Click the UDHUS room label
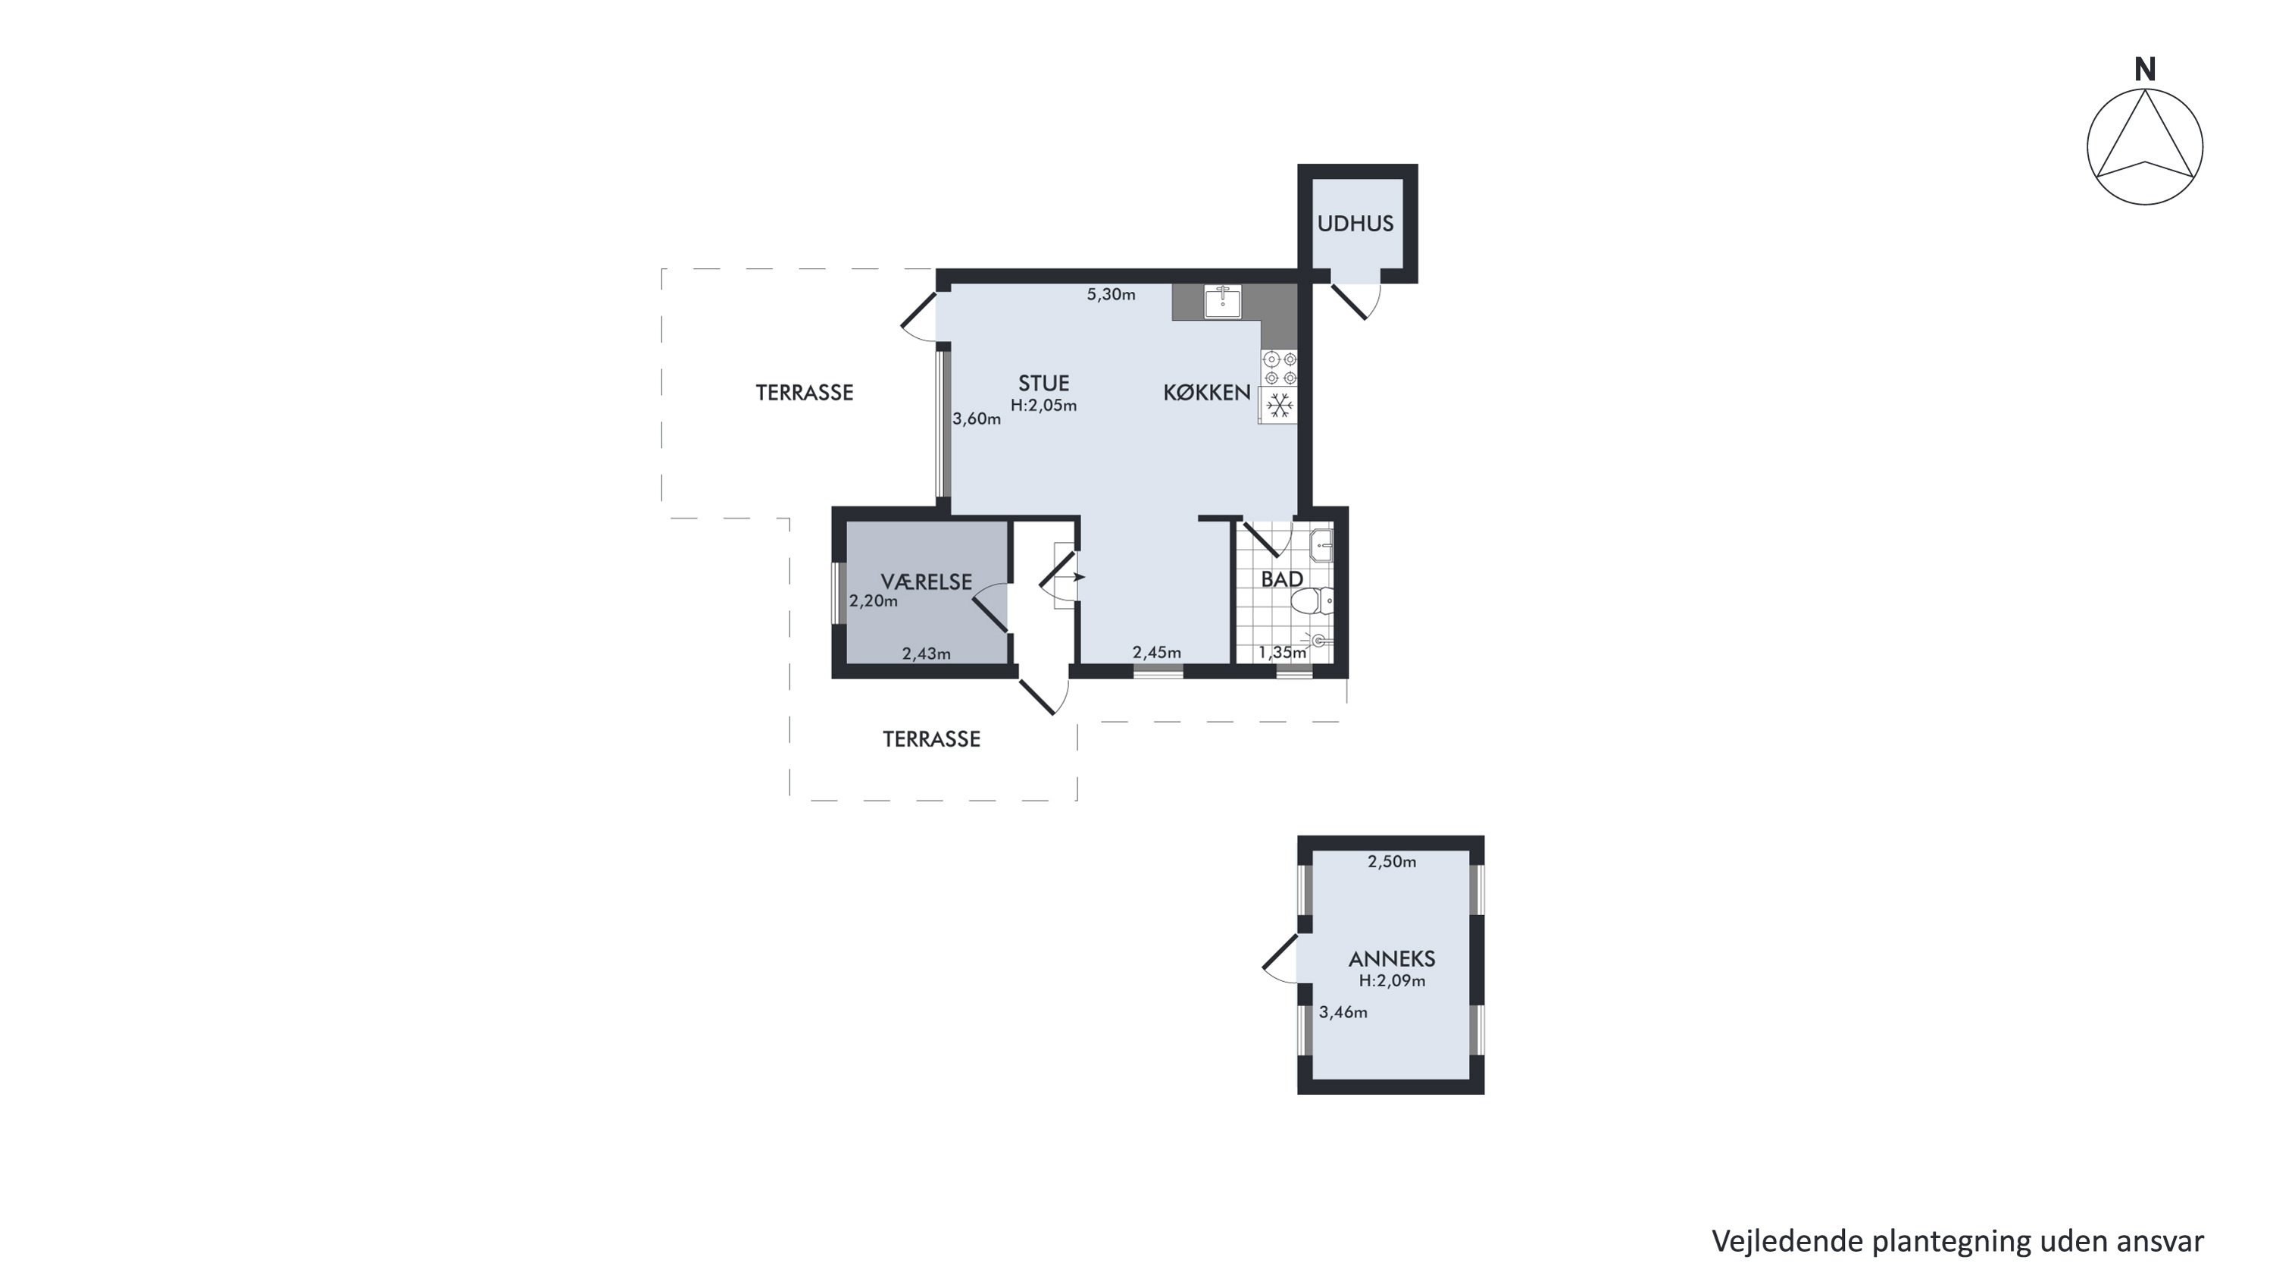click(x=1355, y=224)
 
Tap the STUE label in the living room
click(x=1044, y=383)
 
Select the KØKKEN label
click(x=1206, y=393)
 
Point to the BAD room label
click(x=1282, y=579)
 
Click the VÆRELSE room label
click(x=927, y=582)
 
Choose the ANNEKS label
click(x=1392, y=958)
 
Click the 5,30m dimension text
click(x=1111, y=295)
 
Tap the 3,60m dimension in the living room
click(x=977, y=419)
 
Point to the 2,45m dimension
click(x=1157, y=652)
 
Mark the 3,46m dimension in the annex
click(x=1343, y=1012)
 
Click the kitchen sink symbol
click(x=1223, y=301)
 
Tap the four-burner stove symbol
click(x=1280, y=368)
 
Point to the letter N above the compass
click(x=2145, y=70)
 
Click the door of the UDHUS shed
click(x=1355, y=301)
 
